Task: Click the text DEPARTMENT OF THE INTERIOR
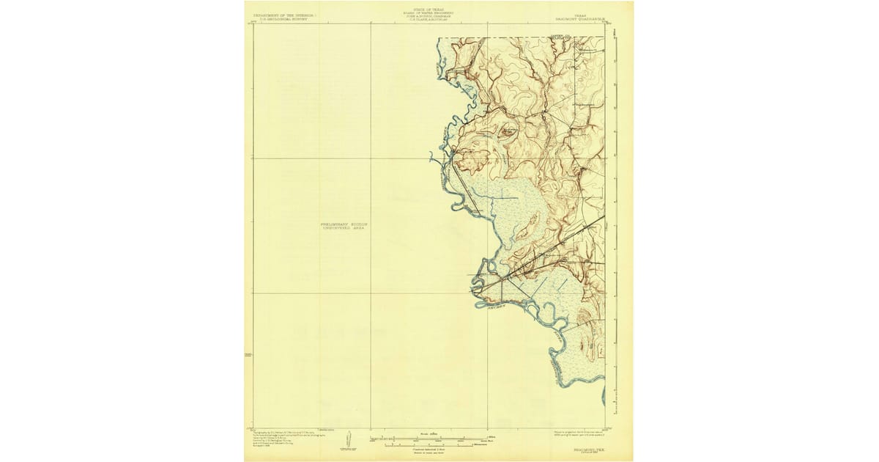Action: click(281, 14)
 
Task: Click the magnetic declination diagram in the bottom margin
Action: click(349, 439)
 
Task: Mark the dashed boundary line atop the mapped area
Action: click(513, 37)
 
